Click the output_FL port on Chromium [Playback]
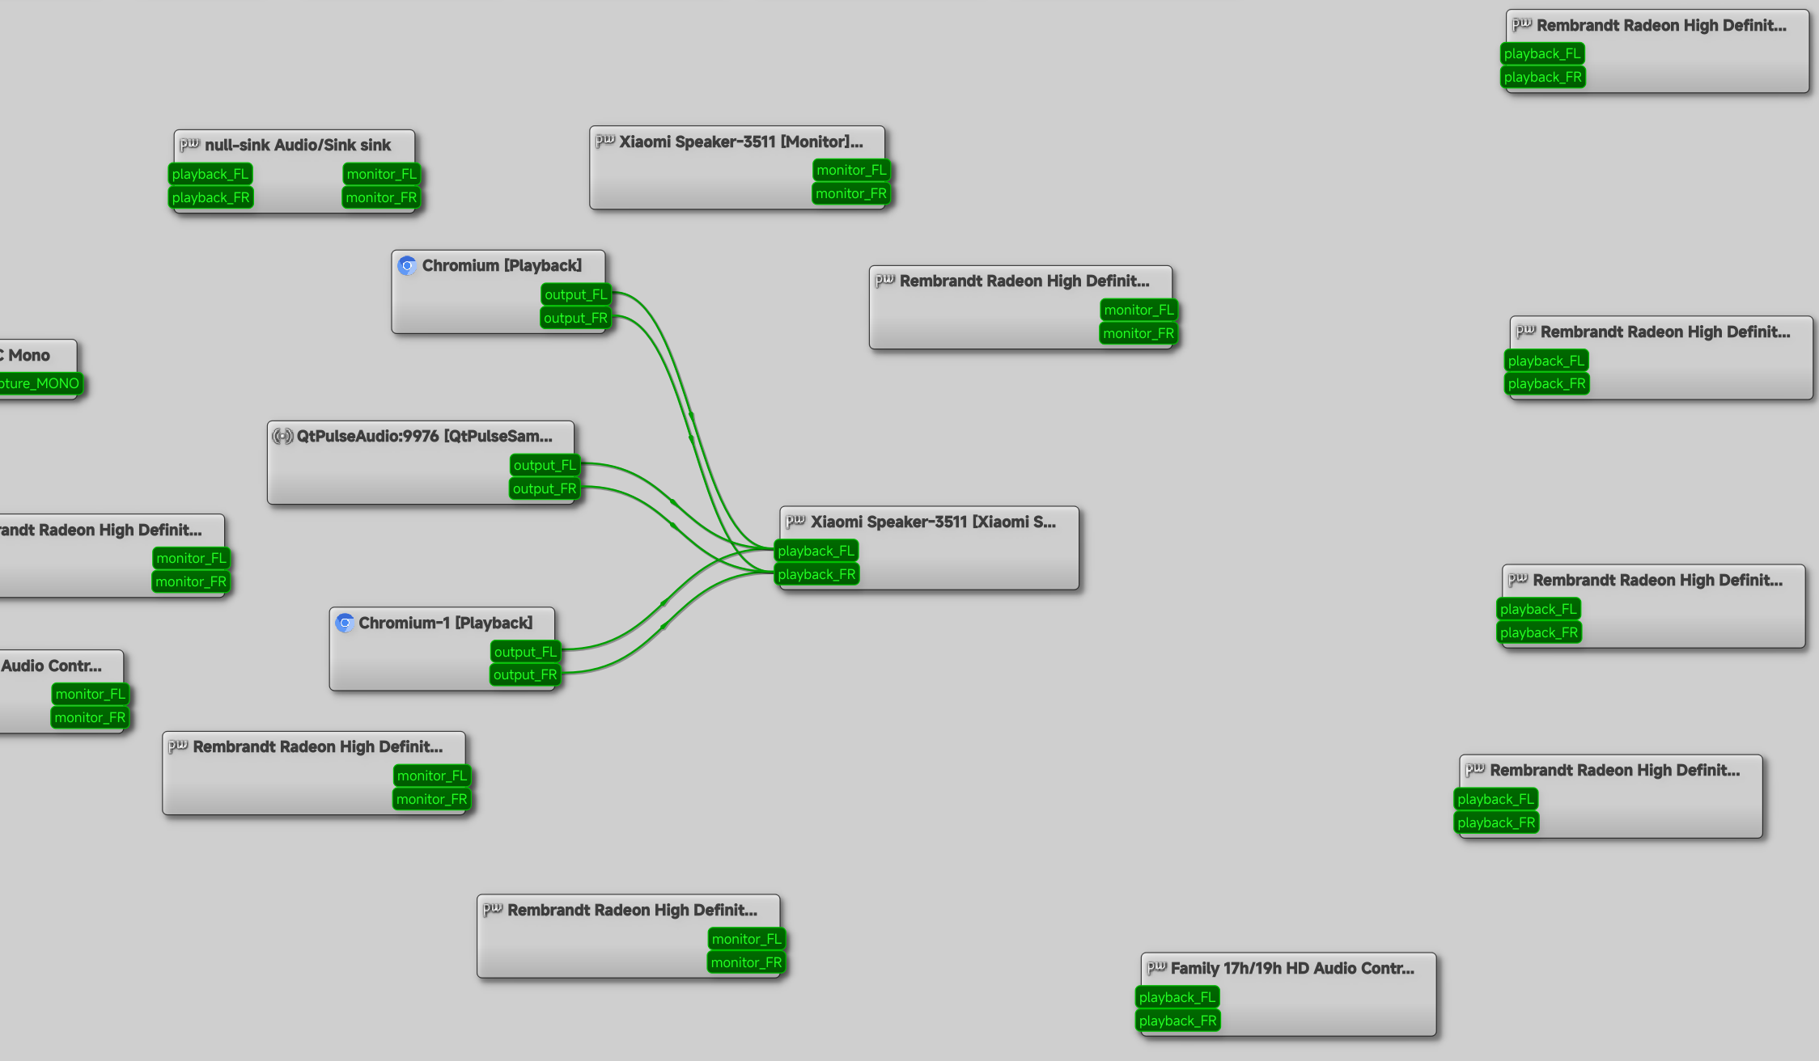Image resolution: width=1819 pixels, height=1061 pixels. pos(575,294)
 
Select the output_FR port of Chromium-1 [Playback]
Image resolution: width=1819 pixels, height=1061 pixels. pos(525,674)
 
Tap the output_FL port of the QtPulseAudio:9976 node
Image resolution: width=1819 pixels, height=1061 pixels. pos(545,465)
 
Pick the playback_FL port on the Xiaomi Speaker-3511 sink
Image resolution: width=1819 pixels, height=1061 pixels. pos(816,551)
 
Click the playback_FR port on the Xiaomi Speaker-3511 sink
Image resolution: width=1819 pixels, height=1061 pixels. pos(816,574)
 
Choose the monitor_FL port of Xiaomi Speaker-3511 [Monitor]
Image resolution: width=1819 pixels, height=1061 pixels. pos(851,170)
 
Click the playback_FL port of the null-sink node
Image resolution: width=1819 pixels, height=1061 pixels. pos(210,174)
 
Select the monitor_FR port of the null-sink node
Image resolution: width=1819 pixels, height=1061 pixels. pos(381,197)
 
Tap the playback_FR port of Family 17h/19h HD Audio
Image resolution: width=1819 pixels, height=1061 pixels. pos(1178,1021)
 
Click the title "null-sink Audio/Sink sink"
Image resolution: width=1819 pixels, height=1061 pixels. pos(298,145)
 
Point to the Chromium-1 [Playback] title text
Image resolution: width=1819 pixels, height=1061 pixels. pos(446,623)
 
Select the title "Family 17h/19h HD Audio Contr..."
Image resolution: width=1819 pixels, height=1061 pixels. pos(1292,968)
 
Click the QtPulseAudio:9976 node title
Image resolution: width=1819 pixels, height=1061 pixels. pos(425,436)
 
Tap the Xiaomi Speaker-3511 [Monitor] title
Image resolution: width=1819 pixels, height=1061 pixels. pos(741,142)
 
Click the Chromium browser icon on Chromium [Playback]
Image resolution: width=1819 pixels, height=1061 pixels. pos(407,265)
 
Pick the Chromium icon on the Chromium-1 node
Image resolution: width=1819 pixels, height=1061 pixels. pos(345,623)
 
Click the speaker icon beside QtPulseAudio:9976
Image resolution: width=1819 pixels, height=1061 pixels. pos(282,436)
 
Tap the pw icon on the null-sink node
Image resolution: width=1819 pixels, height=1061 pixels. pos(189,144)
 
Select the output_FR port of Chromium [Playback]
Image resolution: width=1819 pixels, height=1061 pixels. pos(575,318)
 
